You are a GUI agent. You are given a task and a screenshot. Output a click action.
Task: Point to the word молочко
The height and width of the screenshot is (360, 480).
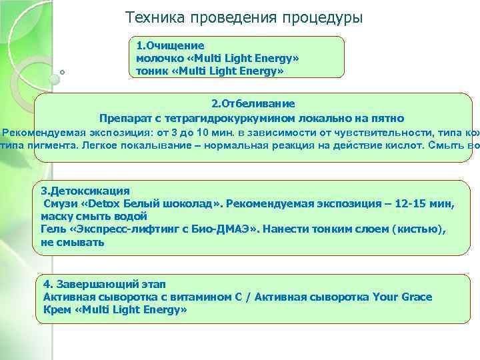pos(158,58)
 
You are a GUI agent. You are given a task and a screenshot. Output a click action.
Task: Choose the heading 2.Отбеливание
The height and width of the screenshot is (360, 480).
pos(253,104)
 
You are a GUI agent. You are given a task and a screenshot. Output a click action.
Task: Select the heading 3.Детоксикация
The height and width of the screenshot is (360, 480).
pos(85,190)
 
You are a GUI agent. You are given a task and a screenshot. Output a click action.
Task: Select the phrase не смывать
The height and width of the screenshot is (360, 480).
pos(72,242)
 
